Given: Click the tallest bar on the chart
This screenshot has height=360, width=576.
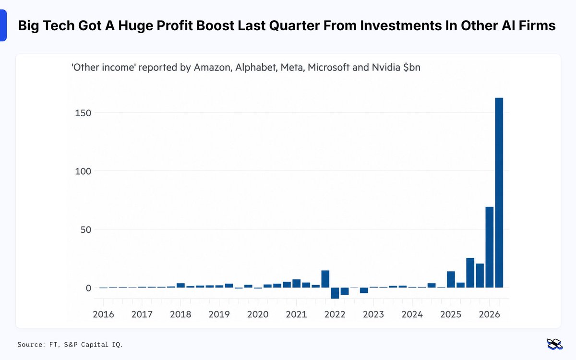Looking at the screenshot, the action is point(499,192).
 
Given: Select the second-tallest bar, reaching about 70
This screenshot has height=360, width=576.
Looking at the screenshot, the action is point(489,247).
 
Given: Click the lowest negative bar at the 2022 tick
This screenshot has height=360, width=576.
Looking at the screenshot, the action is point(335,293).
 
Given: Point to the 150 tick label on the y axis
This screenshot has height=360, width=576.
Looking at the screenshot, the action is point(83,113).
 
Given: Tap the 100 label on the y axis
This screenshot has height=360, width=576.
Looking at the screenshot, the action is point(83,171).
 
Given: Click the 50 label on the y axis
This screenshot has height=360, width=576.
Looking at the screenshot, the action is point(86,229).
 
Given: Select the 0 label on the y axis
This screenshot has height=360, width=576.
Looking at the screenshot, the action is point(88,288).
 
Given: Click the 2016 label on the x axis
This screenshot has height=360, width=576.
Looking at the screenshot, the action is point(103,314).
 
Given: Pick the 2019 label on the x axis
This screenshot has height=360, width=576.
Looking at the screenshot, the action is point(219,314).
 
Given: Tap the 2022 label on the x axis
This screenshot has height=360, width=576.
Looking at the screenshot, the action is point(335,314).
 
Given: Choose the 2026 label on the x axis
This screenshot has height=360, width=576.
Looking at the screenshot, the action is point(489,314).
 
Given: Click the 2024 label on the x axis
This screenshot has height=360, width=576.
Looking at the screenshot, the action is point(412,314).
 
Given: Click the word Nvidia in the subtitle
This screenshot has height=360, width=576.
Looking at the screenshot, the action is point(386,67).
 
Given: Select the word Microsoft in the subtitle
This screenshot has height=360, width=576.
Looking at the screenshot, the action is point(328,67).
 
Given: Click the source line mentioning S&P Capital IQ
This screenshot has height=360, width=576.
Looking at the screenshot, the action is point(70,345).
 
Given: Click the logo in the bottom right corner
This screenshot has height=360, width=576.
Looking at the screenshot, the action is point(554,345).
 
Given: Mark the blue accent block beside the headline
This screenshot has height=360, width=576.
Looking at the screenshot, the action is point(3,25).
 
